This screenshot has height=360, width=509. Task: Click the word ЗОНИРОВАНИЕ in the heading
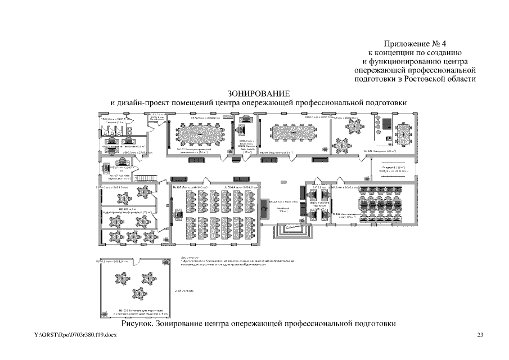point(259,93)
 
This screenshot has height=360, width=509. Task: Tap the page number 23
point(480,336)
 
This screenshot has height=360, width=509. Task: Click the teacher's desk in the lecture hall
point(179,214)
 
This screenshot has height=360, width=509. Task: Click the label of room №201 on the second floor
point(134,310)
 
